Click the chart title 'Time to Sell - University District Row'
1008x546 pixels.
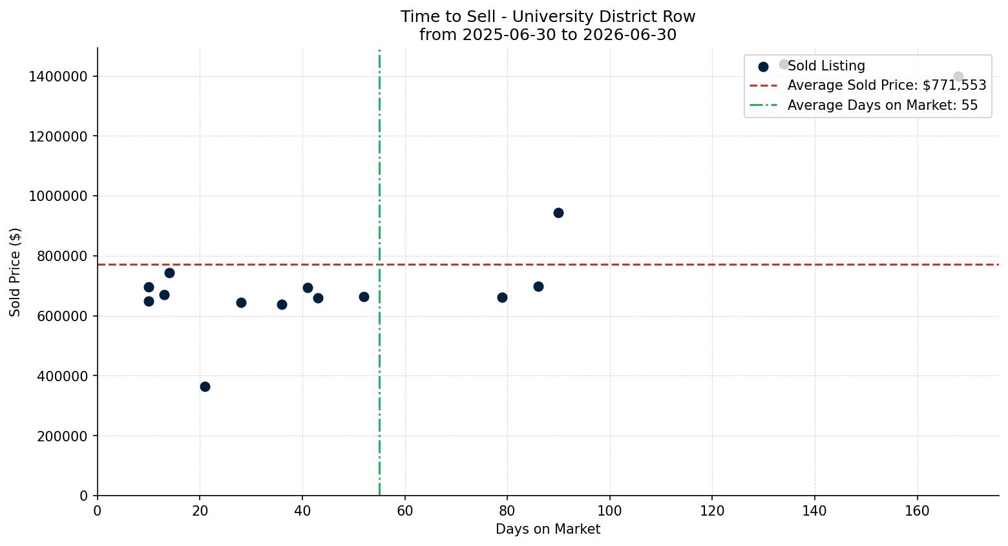click(x=548, y=17)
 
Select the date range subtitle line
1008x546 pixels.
click(x=548, y=35)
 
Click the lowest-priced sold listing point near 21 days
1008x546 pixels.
click(x=205, y=386)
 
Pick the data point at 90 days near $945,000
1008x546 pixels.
click(x=558, y=213)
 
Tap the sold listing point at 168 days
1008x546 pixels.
click(x=958, y=76)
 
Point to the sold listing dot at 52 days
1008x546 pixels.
click(x=364, y=297)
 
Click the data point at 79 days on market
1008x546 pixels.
click(x=502, y=297)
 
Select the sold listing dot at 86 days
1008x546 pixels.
click(x=538, y=287)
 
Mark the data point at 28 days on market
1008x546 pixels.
click(x=241, y=302)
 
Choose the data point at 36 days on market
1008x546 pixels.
click(x=282, y=305)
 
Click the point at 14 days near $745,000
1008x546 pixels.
click(x=170, y=273)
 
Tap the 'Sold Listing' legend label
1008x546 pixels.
click(x=826, y=66)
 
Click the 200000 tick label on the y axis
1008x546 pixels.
click(x=62, y=436)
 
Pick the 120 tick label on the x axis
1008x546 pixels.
click(x=712, y=511)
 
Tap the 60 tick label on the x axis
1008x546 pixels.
click(x=405, y=511)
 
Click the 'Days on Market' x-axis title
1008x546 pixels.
click(x=548, y=529)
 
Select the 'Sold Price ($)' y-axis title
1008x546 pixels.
click(x=15, y=272)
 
